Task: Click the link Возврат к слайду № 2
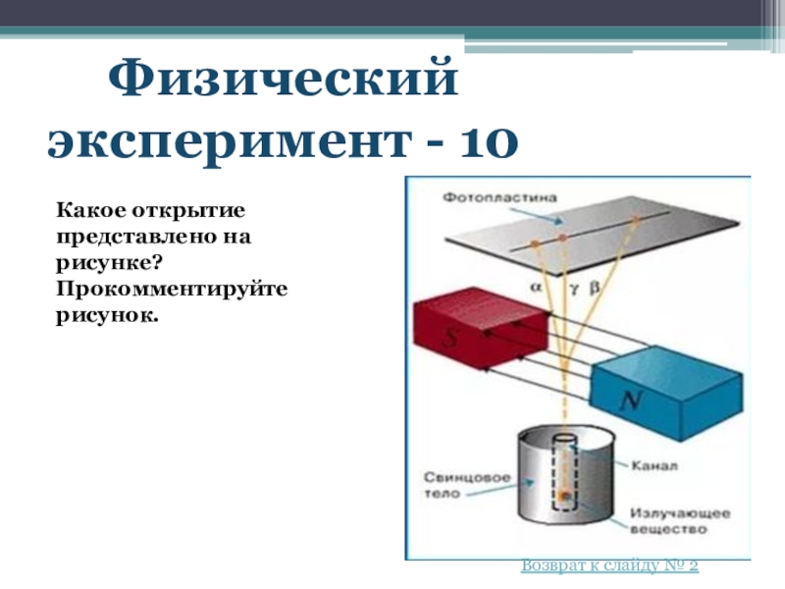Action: pyautogui.click(x=609, y=565)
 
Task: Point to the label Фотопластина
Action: pyautogui.click(x=500, y=196)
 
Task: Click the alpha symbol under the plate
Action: pyautogui.click(x=536, y=289)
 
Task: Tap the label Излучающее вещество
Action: pyautogui.click(x=667, y=520)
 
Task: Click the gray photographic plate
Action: pyautogui.click(x=628, y=236)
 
